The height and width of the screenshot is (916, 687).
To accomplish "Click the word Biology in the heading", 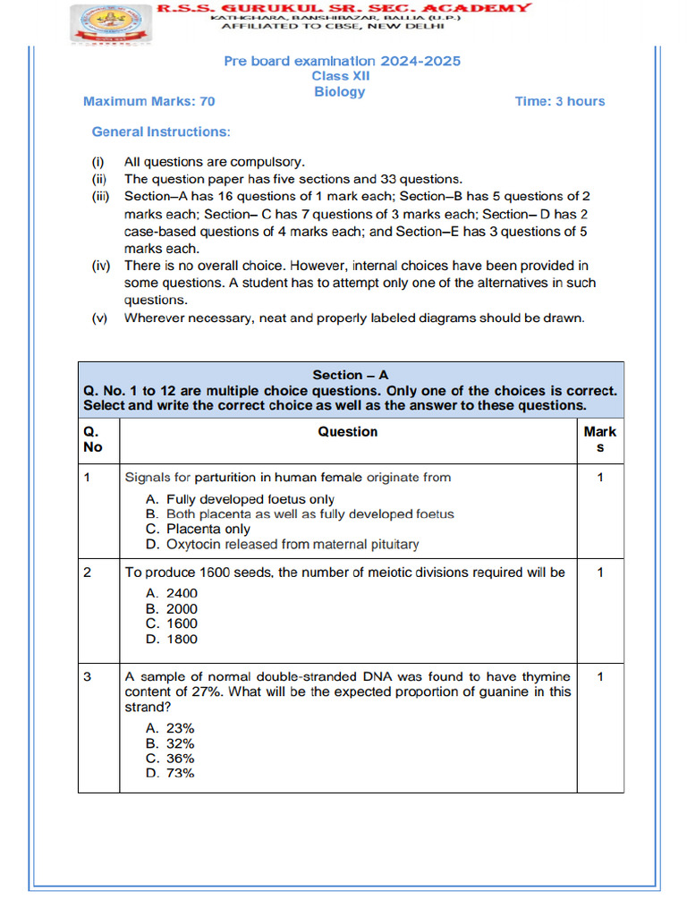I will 339,91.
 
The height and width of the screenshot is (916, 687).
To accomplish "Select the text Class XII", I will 341,76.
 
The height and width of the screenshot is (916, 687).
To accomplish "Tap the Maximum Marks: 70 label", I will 148,101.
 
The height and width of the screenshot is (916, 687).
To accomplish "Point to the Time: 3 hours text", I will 559,101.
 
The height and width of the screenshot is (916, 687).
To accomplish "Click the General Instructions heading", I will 161,131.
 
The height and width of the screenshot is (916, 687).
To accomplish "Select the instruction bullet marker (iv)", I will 102,266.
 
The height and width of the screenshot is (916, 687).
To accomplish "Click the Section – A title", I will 350,375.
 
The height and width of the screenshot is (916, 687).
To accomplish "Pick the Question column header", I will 347,431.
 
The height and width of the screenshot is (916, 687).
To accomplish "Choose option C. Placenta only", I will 198,529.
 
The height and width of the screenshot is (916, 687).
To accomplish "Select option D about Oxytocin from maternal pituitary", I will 282,544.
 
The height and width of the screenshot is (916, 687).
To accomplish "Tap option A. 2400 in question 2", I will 172,593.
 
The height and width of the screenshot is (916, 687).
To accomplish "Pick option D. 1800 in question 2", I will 172,639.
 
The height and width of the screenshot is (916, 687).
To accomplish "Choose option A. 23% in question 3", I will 170,728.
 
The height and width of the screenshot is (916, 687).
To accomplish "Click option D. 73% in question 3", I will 170,773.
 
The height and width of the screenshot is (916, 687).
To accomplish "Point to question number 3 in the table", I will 87,677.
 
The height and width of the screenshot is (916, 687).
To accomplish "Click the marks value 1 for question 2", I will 599,572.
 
